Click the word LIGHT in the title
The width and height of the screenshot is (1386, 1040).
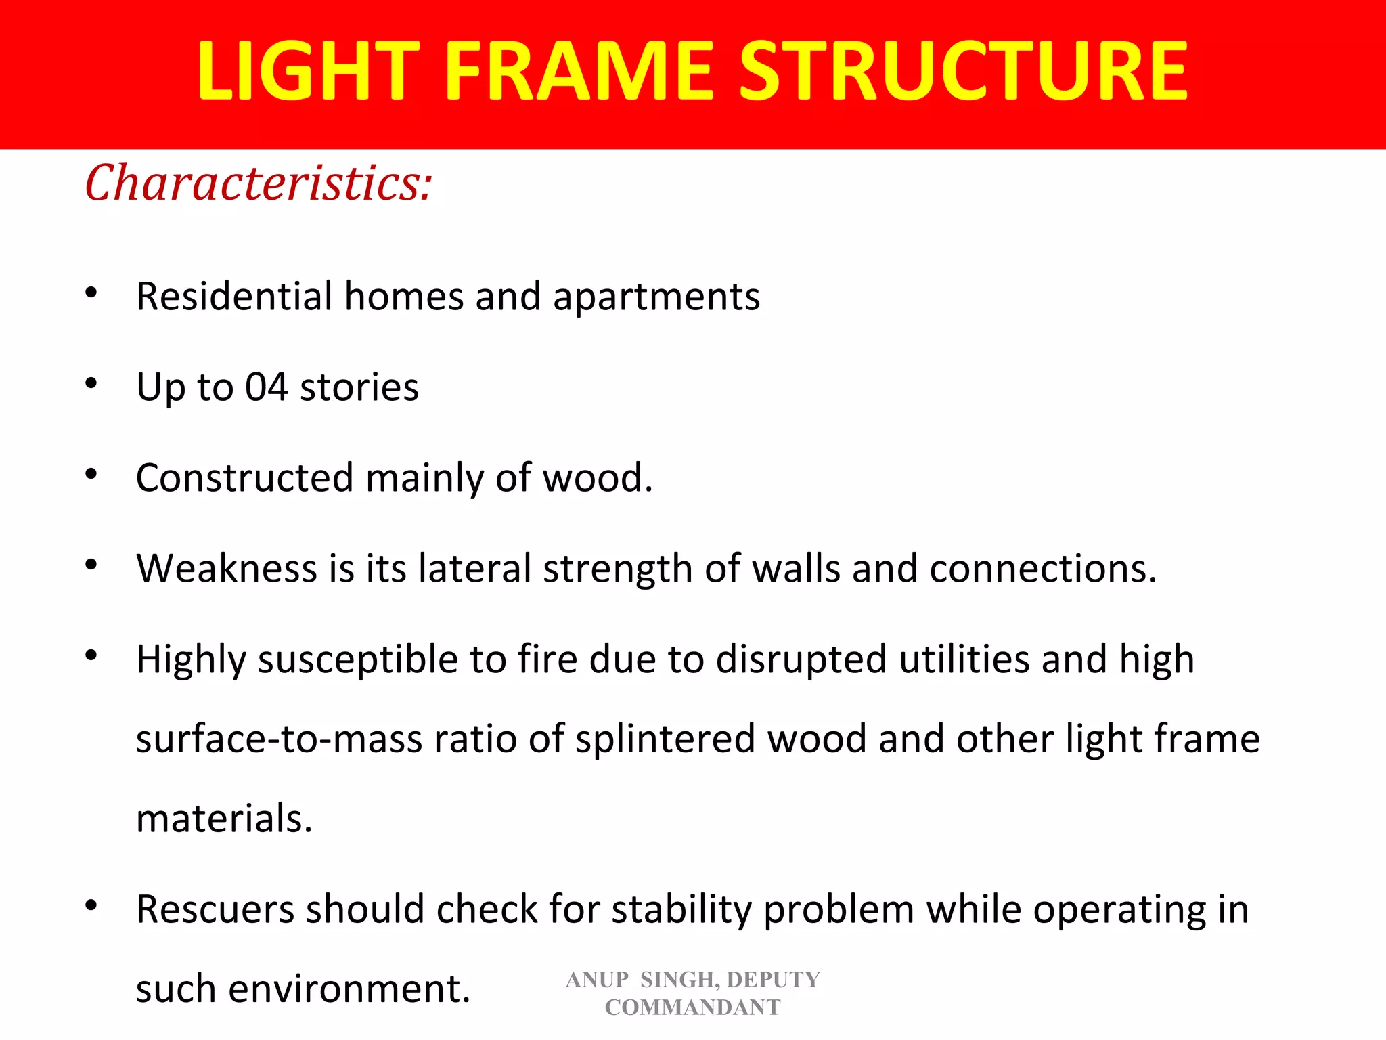click(308, 71)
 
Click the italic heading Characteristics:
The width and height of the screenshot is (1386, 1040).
click(258, 183)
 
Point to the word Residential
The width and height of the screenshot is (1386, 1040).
click(234, 297)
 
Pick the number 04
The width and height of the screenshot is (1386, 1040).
click(266, 387)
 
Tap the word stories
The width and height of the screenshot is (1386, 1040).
click(359, 387)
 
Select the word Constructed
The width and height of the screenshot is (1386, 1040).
click(244, 477)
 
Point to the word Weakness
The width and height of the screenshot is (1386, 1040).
click(226, 568)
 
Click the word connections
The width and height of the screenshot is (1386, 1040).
click(1043, 568)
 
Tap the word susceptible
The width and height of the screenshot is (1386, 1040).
click(358, 660)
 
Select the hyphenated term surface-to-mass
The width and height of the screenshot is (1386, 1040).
click(279, 739)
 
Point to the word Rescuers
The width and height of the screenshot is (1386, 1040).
click(215, 909)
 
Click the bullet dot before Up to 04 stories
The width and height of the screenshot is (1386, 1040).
click(91, 384)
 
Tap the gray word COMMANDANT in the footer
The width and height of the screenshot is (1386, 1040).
click(692, 1007)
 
